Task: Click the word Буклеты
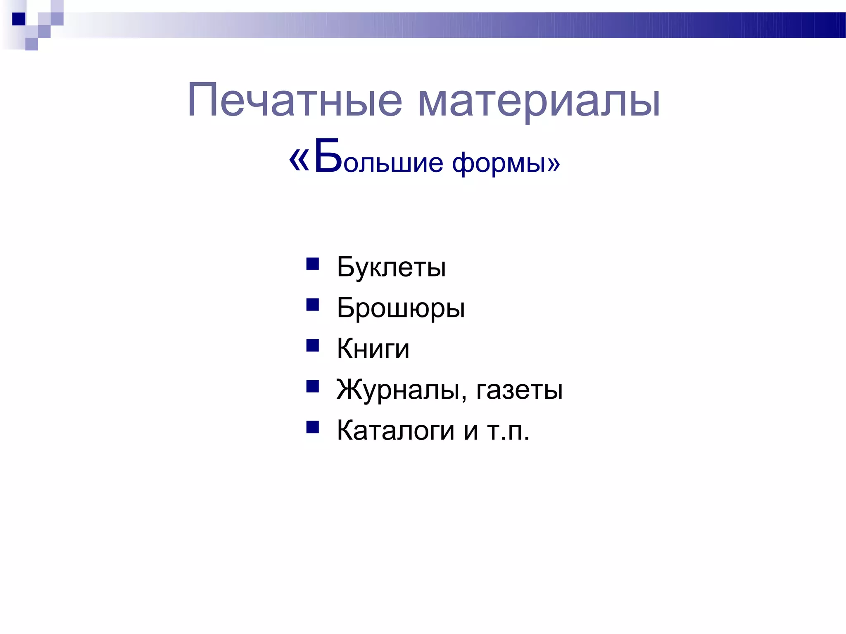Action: click(391, 267)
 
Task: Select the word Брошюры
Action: click(401, 308)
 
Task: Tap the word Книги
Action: click(373, 349)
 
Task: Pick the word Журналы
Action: click(398, 389)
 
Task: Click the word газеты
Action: click(519, 390)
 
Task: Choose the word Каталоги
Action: click(396, 430)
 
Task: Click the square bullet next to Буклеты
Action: click(313, 264)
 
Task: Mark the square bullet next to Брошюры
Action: click(313, 305)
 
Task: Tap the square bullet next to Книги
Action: click(313, 345)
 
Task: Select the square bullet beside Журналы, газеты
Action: click(313, 386)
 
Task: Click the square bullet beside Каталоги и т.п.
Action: click(313, 427)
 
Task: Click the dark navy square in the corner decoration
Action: click(19, 19)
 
